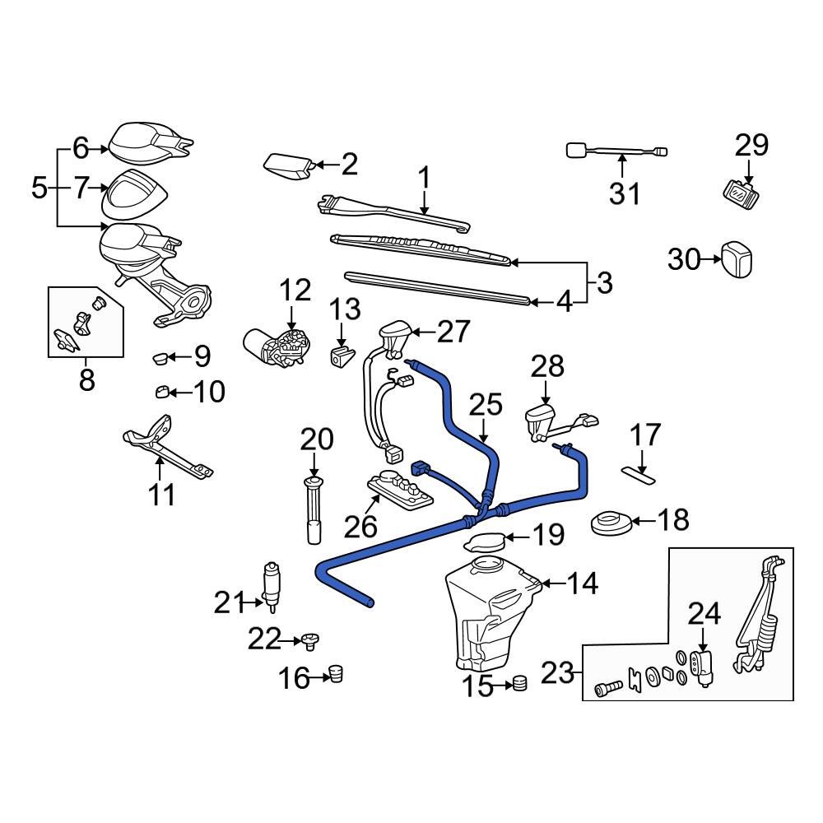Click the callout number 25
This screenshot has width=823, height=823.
coord(485,404)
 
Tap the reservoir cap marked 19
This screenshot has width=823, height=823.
coord(486,542)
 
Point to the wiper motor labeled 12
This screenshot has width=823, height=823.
coord(276,346)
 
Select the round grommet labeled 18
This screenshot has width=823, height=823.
coord(611,522)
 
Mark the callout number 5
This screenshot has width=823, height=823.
coord(39,188)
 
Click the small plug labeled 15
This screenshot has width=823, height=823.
coord(518,683)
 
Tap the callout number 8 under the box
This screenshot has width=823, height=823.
coord(86,379)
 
